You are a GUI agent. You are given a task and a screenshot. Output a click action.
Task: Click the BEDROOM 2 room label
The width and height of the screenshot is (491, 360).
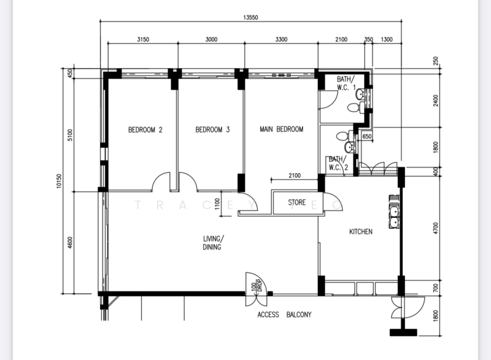coord(145,129)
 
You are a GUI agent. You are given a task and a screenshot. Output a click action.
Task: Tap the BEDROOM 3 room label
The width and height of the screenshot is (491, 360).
coord(212,129)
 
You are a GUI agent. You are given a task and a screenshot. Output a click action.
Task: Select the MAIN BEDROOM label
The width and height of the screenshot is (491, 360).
coord(282,129)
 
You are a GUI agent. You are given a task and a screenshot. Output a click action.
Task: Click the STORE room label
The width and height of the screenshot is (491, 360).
coord(297,201)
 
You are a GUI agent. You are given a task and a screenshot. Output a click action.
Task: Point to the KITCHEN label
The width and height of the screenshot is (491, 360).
coord(361,232)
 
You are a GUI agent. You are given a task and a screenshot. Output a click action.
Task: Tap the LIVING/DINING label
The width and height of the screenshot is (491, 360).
coord(214,243)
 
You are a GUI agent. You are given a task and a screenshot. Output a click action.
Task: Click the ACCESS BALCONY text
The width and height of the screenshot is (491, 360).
coord(284,315)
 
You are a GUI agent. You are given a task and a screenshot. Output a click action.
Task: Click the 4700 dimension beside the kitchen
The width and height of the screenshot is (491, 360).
coord(436,229)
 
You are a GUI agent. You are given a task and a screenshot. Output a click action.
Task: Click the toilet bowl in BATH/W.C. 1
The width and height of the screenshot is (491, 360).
coord(354,107)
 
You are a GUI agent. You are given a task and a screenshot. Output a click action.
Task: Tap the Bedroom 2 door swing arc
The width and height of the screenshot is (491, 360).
coord(162,181)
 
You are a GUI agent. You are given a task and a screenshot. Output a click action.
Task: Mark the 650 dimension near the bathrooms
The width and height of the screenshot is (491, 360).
coord(367,137)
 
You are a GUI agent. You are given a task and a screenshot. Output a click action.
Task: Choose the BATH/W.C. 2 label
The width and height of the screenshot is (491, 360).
coord(338,163)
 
